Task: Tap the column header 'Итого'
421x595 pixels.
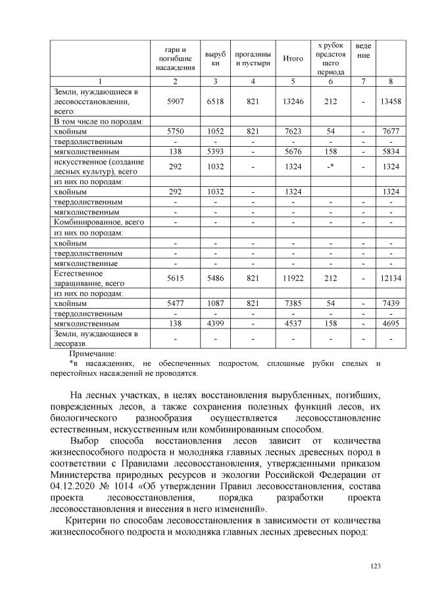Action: point(293,58)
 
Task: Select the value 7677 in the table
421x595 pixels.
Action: point(391,131)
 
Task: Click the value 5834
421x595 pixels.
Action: point(391,151)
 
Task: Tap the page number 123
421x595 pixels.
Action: point(376,565)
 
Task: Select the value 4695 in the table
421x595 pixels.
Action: point(391,324)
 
